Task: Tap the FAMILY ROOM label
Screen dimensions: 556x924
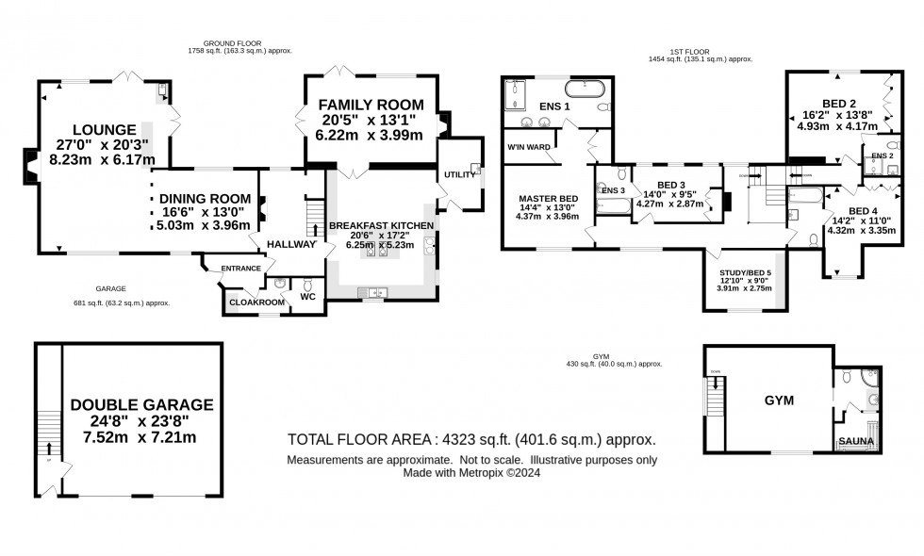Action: tap(370, 104)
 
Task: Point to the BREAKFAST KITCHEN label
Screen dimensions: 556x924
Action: tap(381, 226)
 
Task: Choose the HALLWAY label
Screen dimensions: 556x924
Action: tap(290, 244)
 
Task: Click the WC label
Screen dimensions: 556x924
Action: tap(307, 298)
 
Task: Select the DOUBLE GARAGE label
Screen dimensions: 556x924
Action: tap(141, 405)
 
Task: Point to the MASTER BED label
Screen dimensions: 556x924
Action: tap(540, 199)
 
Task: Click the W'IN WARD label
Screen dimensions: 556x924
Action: tap(528, 147)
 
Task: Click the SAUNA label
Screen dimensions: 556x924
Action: tap(857, 441)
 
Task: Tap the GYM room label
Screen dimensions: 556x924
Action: tap(779, 401)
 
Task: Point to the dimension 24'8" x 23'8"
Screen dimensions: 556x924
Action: tap(141, 421)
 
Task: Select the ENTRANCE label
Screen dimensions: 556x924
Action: tap(240, 269)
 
